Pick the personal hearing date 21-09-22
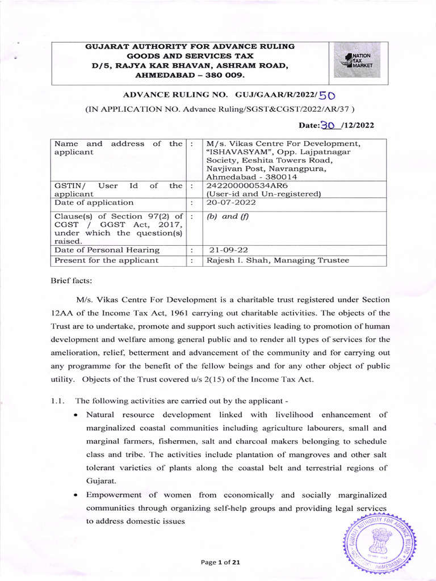tap(228, 250)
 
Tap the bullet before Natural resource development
tap(76, 415)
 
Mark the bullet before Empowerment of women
tap(76, 495)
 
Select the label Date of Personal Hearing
tap(107, 250)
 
